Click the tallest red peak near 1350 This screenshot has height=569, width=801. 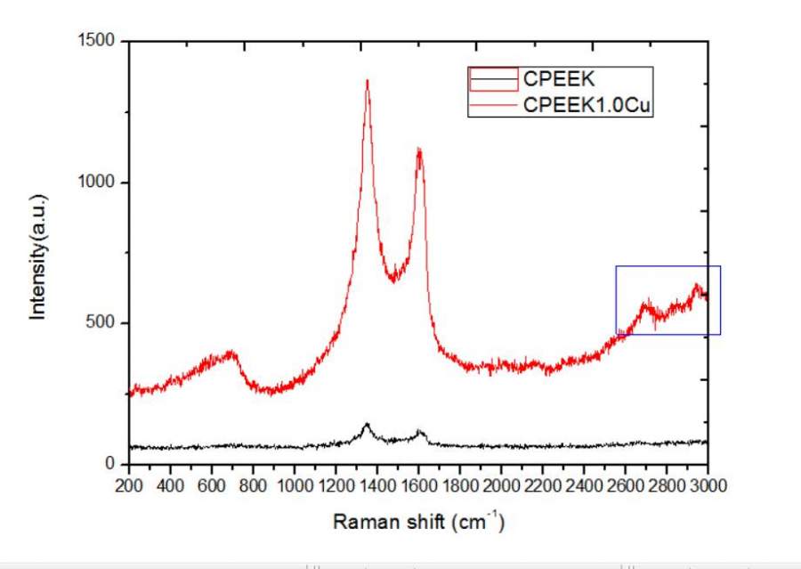[x=367, y=82]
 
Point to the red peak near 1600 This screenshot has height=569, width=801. [x=418, y=150]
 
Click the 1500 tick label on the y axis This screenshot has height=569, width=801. [x=99, y=41]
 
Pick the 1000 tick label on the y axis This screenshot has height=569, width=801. [x=99, y=183]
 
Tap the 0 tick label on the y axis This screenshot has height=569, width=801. [x=112, y=463]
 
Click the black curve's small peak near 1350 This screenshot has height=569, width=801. [x=366, y=426]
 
